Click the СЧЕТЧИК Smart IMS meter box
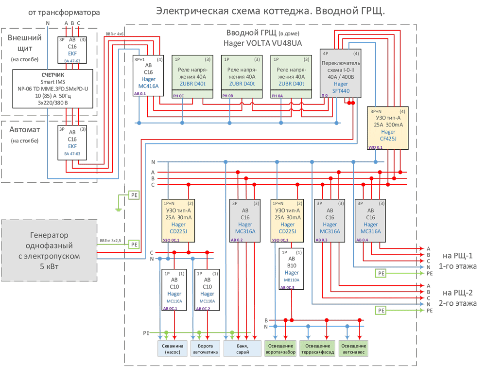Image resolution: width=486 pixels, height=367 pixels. click(x=52, y=88)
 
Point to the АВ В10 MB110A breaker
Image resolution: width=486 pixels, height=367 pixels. click(x=292, y=269)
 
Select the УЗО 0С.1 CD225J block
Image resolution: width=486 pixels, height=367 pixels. click(x=177, y=221)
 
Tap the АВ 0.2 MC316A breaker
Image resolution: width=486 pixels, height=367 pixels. click(x=245, y=221)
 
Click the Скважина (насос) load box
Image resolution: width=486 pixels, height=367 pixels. click(x=172, y=349)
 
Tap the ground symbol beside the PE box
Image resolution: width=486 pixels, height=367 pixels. click(x=118, y=209)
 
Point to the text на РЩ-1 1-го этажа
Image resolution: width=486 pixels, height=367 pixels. click(x=457, y=261)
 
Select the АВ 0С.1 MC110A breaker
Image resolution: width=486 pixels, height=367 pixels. click(x=174, y=290)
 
